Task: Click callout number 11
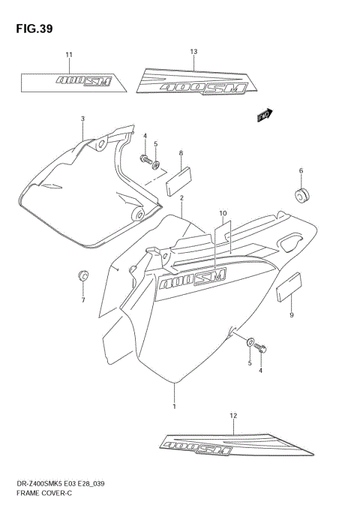pyautogui.click(x=69, y=55)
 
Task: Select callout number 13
pyautogui.click(x=193, y=52)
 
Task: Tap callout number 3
pyautogui.click(x=83, y=119)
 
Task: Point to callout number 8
pyautogui.click(x=181, y=153)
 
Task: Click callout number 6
pyautogui.click(x=301, y=170)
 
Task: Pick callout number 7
pyautogui.click(x=83, y=301)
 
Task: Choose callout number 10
pyautogui.click(x=223, y=213)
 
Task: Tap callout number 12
pyautogui.click(x=233, y=415)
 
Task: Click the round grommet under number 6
pyautogui.click(x=303, y=197)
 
